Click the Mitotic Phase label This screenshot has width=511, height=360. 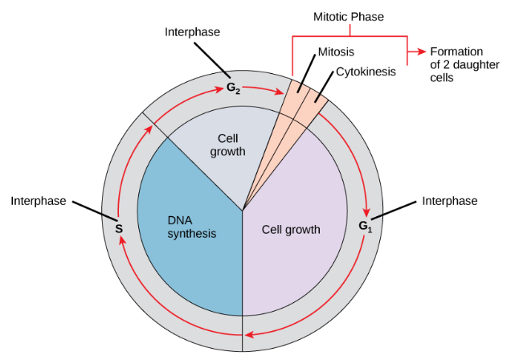tap(349, 17)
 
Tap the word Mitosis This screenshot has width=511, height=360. tap(336, 51)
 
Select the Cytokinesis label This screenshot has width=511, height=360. tap(366, 72)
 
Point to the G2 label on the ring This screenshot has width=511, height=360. tap(233, 88)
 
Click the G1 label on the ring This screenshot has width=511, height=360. tap(365, 226)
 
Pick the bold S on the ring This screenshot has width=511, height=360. tap(119, 229)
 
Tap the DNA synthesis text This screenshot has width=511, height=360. tap(191, 227)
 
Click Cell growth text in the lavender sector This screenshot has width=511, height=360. tap(291, 230)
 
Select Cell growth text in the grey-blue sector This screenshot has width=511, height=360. tap(227, 145)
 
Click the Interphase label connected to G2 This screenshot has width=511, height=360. tap(192, 32)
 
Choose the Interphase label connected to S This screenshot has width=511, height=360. tap(39, 201)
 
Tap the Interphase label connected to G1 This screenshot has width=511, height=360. tap(450, 201)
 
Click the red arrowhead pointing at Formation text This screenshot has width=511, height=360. tap(422, 51)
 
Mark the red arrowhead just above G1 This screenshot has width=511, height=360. tap(367, 212)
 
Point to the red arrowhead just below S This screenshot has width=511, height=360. tap(121, 240)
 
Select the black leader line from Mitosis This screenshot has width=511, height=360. tap(306, 74)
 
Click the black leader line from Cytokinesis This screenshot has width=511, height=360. tap(325, 87)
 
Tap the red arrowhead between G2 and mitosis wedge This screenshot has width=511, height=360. tap(279, 92)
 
